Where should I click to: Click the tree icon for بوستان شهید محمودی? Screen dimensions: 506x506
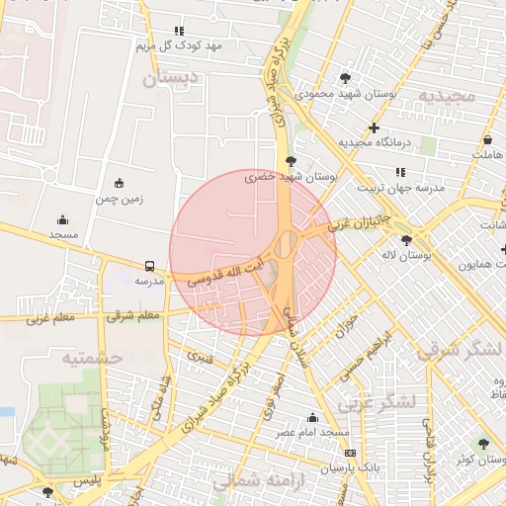(344, 77)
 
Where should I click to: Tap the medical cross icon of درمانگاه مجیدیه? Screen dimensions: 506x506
(374, 127)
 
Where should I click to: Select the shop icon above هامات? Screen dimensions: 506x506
(488, 139)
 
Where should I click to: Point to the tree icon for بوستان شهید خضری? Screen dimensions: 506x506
(290, 160)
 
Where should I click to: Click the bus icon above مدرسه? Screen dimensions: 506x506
(149, 266)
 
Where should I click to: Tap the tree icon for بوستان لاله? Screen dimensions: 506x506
(406, 240)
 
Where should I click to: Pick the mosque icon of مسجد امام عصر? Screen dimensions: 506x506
(313, 418)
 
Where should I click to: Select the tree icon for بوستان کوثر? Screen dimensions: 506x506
(482, 444)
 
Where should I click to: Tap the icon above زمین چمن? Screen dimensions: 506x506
(120, 183)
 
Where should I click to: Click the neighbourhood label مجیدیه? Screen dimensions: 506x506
(446, 95)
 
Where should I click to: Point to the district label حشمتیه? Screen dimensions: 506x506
(91, 358)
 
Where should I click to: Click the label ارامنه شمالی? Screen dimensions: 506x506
(247, 480)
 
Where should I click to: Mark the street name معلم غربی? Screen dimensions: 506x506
(51, 318)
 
